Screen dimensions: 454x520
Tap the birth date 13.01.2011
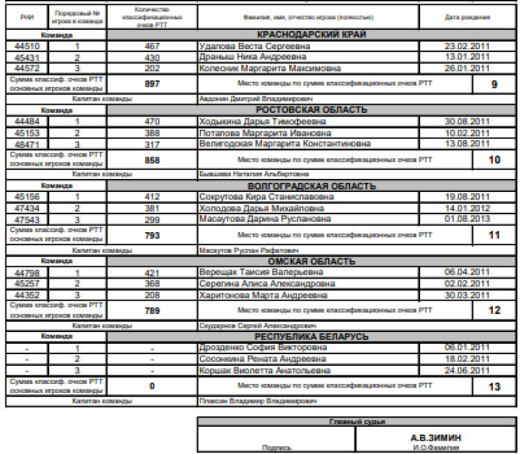467,57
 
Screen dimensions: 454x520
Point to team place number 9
494,84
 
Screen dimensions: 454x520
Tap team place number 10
494,159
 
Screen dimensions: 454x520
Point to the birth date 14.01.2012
467,207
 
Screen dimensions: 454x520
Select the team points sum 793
152,235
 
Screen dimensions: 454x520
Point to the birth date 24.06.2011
467,369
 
